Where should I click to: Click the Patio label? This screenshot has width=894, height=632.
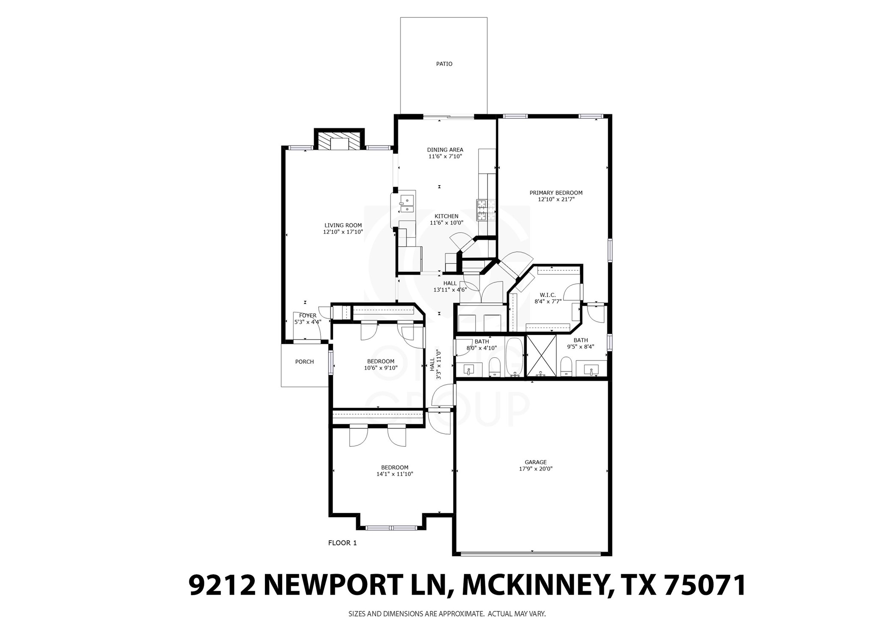click(x=444, y=64)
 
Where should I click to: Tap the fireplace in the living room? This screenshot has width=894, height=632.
click(x=339, y=142)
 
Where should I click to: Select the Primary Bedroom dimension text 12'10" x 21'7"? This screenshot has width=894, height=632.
click(x=556, y=199)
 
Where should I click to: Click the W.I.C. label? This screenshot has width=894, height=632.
click(x=548, y=295)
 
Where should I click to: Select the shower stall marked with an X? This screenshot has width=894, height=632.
click(x=541, y=355)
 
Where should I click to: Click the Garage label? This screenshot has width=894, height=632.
click(x=535, y=462)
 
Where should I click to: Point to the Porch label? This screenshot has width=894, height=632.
click(x=304, y=362)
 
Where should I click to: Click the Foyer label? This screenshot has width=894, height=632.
click(x=308, y=315)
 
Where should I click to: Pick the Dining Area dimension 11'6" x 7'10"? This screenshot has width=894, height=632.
click(x=445, y=156)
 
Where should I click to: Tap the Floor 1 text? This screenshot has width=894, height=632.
click(x=343, y=543)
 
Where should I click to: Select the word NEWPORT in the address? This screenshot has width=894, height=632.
click(x=334, y=586)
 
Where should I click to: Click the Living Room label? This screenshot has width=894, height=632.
click(x=343, y=226)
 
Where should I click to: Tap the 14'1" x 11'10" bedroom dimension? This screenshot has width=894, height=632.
click(x=394, y=474)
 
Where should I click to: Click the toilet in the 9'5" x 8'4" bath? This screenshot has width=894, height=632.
click(x=566, y=366)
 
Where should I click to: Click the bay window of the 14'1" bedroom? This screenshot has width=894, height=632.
click(x=391, y=528)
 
